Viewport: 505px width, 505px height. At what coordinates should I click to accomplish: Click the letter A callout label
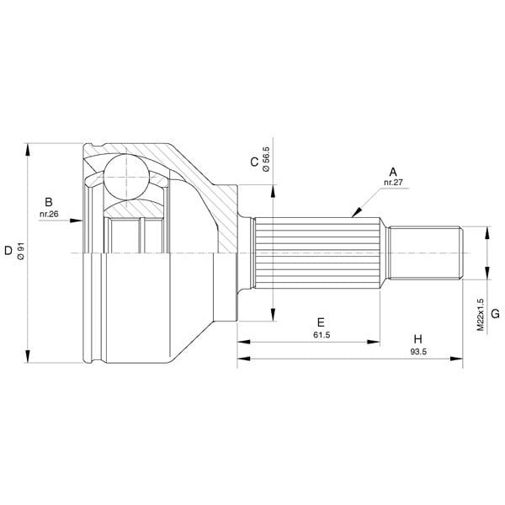pyautogui.click(x=393, y=173)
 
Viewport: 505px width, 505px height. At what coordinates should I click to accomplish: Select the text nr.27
pyautogui.click(x=393, y=183)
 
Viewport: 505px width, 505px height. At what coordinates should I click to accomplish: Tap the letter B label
pyautogui.click(x=49, y=202)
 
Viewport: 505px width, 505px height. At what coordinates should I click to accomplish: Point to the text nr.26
pyautogui.click(x=49, y=214)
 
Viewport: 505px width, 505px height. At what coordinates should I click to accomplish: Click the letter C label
pyautogui.click(x=254, y=162)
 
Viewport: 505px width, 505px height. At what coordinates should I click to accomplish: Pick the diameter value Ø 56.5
pyautogui.click(x=266, y=159)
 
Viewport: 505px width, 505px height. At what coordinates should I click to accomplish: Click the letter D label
pyautogui.click(x=8, y=251)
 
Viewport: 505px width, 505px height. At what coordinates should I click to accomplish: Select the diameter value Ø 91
pyautogui.click(x=20, y=252)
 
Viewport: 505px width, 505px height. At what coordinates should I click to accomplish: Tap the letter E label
pyautogui.click(x=321, y=322)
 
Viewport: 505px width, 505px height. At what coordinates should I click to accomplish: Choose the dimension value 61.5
pyautogui.click(x=322, y=335)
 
